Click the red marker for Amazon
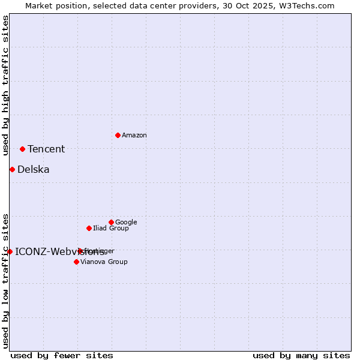click(x=118, y=135)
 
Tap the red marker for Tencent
click(x=22, y=149)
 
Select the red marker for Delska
click(x=12, y=169)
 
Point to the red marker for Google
click(x=111, y=222)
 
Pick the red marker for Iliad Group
click(x=89, y=228)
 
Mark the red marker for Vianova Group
click(x=76, y=262)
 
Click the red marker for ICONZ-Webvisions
click(x=10, y=251)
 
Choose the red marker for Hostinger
click(x=80, y=251)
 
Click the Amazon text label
click(x=134, y=136)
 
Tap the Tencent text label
click(x=46, y=149)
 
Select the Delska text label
click(x=34, y=170)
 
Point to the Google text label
click(x=126, y=223)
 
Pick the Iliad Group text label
click(x=111, y=229)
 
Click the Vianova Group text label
click(x=104, y=262)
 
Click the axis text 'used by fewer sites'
click(x=62, y=355)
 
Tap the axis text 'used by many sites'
click(x=301, y=355)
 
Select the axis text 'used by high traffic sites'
click(x=5, y=85)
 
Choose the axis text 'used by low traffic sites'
click(x=5, y=281)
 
